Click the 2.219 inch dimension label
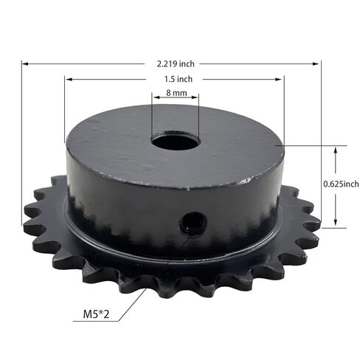[175, 63]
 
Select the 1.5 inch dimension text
[175, 79]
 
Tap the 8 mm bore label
[175, 94]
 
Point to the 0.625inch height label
[342, 184]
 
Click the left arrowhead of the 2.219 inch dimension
[24, 63]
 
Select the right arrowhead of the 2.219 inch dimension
[319, 63]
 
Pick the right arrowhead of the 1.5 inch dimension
[281, 79]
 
